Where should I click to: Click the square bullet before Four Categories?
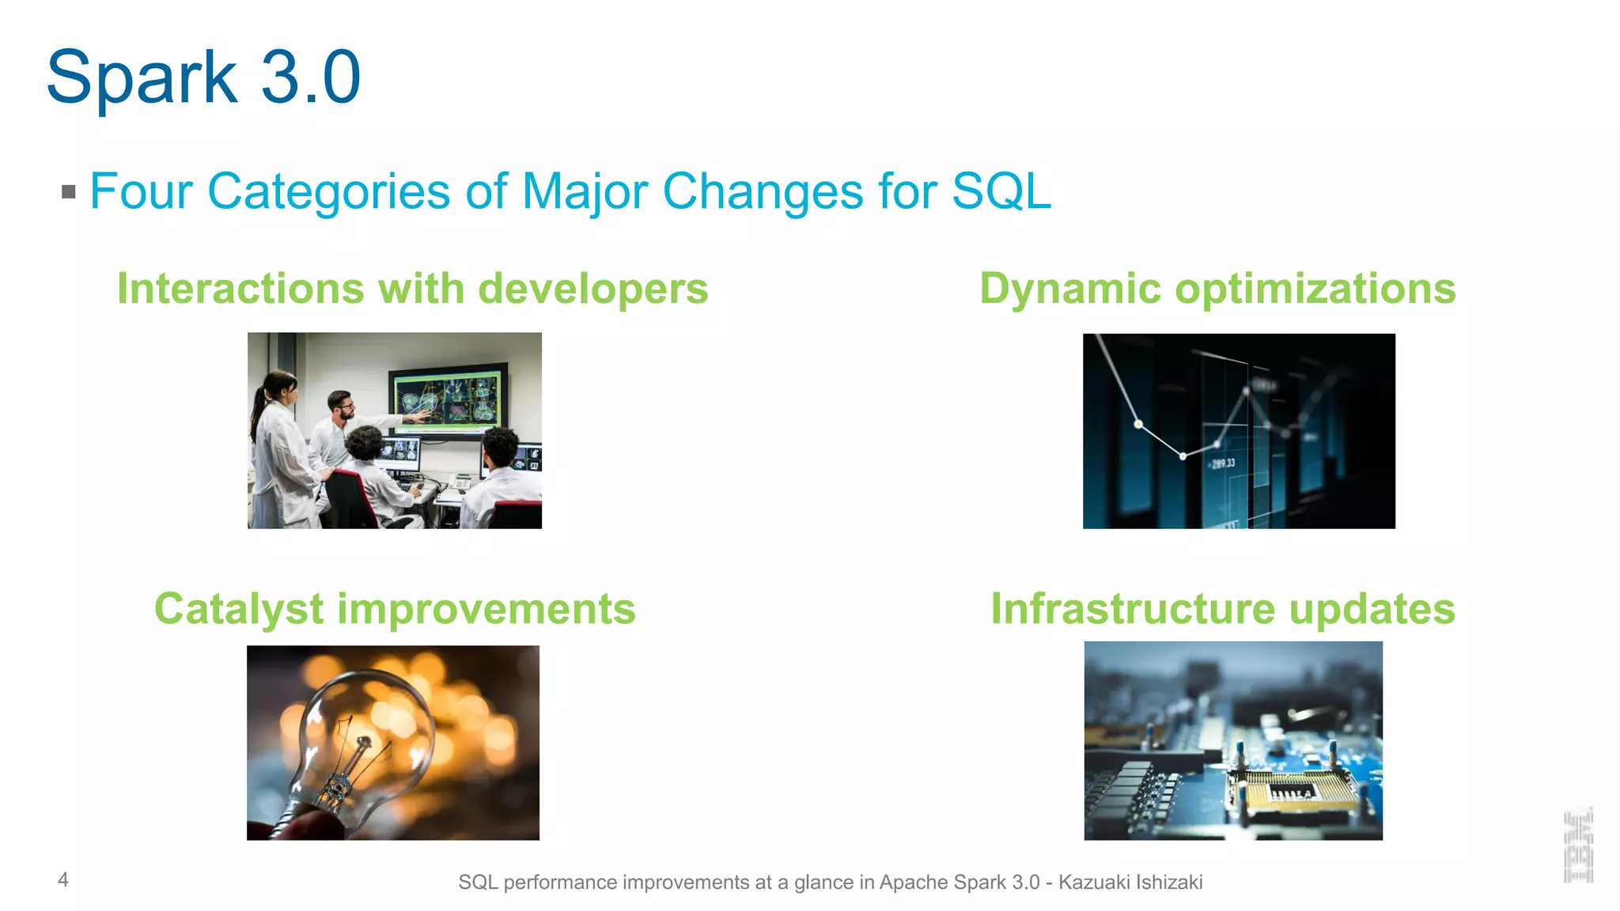click(x=69, y=191)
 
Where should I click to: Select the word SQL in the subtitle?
click(x=1001, y=191)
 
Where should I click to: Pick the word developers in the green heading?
click(x=593, y=289)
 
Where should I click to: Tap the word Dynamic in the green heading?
click(x=1070, y=289)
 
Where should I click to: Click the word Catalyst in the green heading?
click(x=239, y=609)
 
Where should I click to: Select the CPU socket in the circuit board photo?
click(x=1294, y=791)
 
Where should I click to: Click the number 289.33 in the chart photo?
click(x=1223, y=463)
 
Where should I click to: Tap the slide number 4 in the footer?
click(x=63, y=879)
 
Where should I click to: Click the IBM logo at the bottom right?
click(x=1578, y=845)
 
